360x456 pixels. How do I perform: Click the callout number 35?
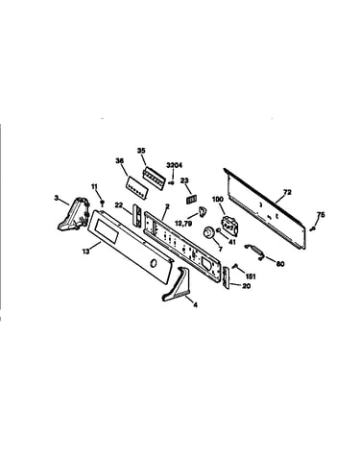pyautogui.click(x=141, y=151)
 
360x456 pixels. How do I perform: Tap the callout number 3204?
pyautogui.click(x=175, y=165)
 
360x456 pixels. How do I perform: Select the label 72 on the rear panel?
pyautogui.click(x=287, y=192)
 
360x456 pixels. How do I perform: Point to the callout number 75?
pyautogui.click(x=321, y=215)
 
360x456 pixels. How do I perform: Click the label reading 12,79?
pyautogui.click(x=183, y=224)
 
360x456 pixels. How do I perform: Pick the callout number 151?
pyautogui.click(x=251, y=276)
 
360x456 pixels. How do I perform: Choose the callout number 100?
pyautogui.click(x=218, y=200)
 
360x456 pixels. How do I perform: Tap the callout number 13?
pyautogui.click(x=85, y=252)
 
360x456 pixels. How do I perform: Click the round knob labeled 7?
pyautogui.click(x=209, y=231)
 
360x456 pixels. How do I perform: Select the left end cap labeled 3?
pyautogui.click(x=72, y=214)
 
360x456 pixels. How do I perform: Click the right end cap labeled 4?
pyautogui.click(x=177, y=284)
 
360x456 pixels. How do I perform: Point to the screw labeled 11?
pyautogui.click(x=103, y=203)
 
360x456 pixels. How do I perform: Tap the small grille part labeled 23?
pyautogui.click(x=192, y=200)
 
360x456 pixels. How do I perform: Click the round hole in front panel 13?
pyautogui.click(x=154, y=263)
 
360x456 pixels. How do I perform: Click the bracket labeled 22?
pyautogui.click(x=136, y=216)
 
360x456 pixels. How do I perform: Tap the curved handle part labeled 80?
pyautogui.click(x=254, y=251)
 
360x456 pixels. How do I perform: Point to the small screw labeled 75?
pyautogui.click(x=312, y=228)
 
